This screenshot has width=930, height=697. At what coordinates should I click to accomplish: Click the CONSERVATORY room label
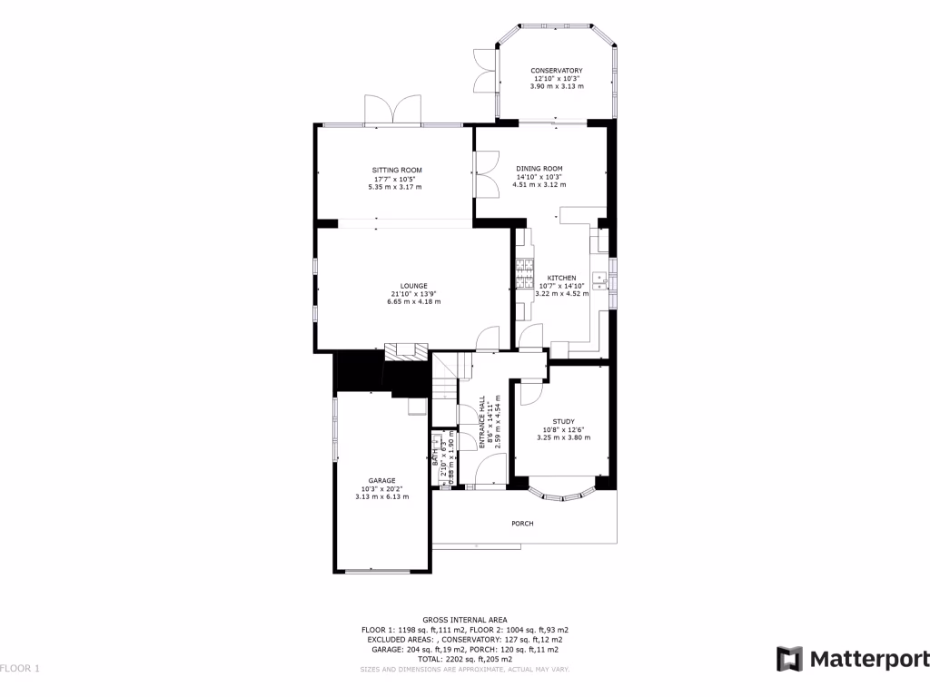[556, 71]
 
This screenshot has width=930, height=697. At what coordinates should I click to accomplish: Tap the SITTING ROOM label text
[396, 170]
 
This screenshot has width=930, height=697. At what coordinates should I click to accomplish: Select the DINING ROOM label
[539, 169]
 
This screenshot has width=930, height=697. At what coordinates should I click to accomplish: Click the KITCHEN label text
[561, 278]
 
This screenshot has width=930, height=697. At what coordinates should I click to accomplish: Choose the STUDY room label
[563, 421]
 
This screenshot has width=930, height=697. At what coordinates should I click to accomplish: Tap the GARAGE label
[381, 480]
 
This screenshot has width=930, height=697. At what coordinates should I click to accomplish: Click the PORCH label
[522, 524]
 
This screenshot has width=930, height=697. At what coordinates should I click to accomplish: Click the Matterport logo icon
[789, 659]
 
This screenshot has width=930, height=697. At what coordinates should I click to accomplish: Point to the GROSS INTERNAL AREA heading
[464, 619]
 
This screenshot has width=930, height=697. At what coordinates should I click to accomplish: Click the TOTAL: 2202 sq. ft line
[464, 660]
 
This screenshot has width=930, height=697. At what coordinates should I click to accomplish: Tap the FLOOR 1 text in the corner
[20, 669]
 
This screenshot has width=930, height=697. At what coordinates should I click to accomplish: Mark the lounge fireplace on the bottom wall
[405, 351]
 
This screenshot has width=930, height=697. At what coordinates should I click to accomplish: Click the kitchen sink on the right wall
[600, 279]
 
